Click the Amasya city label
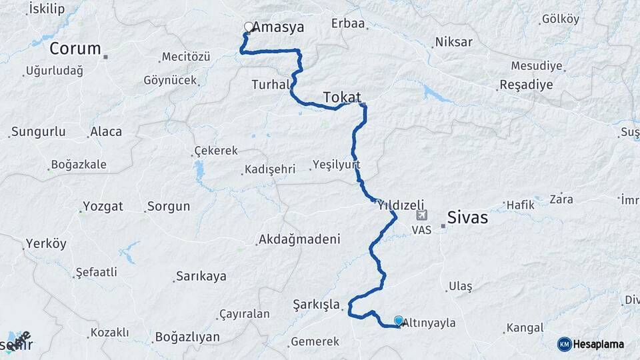point(279,28)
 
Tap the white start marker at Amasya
point(249,27)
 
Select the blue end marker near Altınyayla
point(399,321)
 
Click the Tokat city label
point(342,97)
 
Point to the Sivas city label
point(467,218)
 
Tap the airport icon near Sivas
point(421,216)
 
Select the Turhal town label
point(271,85)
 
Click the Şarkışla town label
point(317,304)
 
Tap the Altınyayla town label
point(429,323)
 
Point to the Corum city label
point(75,49)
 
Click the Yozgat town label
point(103,206)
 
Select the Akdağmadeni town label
point(299,239)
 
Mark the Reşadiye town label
point(526,85)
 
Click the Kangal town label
point(525,328)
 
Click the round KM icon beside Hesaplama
point(565,344)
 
